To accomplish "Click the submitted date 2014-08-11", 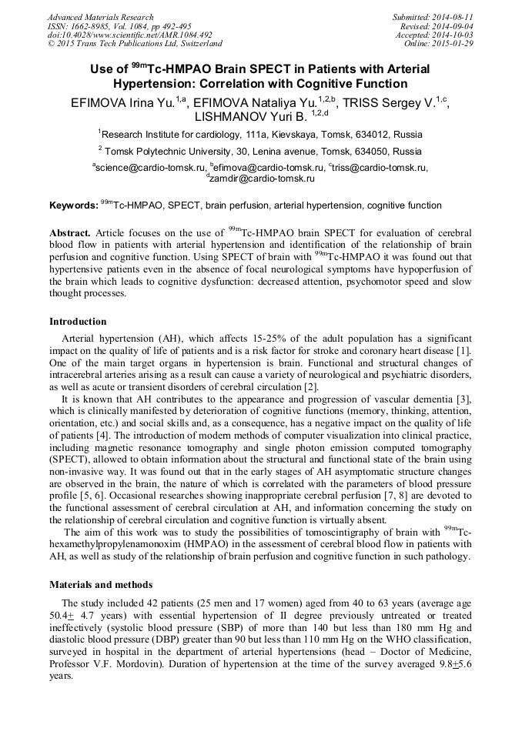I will [x=453, y=17].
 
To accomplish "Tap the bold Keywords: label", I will [x=73, y=205].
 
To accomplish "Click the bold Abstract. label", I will [x=70, y=232].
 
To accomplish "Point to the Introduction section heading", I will [x=78, y=322].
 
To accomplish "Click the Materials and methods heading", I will [x=101, y=585].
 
